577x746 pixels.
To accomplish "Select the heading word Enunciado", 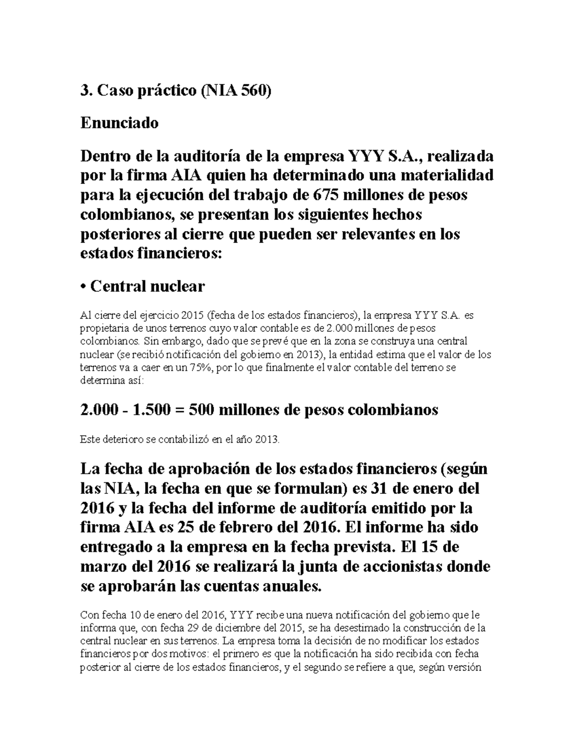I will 119,123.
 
